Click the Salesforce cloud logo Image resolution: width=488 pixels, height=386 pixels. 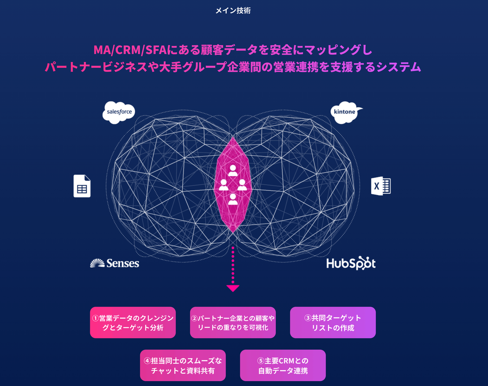tap(119, 112)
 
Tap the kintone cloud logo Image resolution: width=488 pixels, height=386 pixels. tap(345, 112)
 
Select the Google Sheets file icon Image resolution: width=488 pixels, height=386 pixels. tap(82, 186)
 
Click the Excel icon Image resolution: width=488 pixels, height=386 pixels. tap(381, 186)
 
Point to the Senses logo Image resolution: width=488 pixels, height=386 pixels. tap(115, 263)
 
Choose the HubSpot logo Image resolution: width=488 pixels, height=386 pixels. tap(351, 263)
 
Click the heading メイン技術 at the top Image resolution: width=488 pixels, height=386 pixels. tap(233, 11)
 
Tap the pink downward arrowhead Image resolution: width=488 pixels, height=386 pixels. tap(233, 288)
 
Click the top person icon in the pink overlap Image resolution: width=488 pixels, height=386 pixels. tap(233, 170)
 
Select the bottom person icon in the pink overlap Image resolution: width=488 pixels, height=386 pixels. tap(233, 199)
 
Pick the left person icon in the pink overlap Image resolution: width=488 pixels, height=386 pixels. tap(224, 185)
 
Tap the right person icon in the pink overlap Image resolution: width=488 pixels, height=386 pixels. tap(242, 185)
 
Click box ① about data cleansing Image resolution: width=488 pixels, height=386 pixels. tap(133, 323)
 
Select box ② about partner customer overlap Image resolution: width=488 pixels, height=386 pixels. tap(233, 323)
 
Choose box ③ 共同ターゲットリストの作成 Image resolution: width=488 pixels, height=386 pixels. tap(333, 323)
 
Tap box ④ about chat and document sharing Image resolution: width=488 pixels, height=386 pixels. tap(183, 365)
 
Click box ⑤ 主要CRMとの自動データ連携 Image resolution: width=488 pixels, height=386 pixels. tap(283, 365)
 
